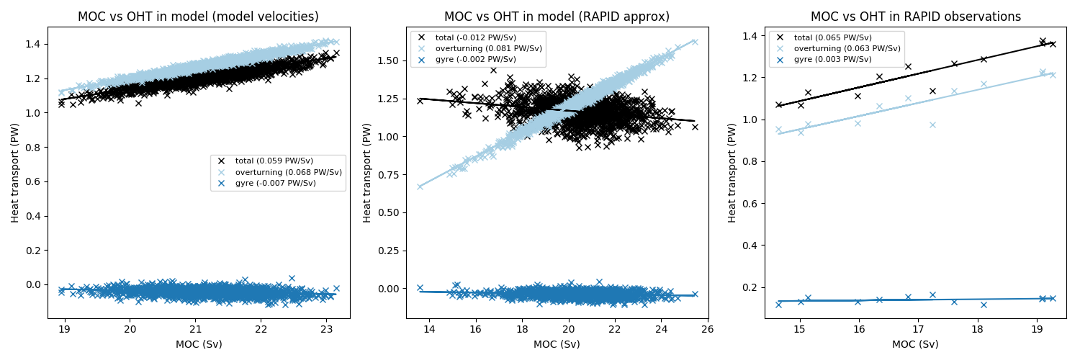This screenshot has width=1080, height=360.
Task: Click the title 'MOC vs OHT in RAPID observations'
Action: [916, 17]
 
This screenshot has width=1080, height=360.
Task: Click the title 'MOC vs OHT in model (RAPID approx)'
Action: [557, 17]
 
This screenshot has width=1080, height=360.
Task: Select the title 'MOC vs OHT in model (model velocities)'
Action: [198, 17]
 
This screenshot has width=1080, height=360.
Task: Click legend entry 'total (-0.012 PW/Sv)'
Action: [476, 37]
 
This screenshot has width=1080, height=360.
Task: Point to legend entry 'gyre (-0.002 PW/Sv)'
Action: [476, 59]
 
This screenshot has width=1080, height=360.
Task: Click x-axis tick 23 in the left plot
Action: [325, 329]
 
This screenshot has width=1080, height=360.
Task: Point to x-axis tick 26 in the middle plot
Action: [707, 329]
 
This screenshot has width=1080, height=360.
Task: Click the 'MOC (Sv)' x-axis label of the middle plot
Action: [557, 344]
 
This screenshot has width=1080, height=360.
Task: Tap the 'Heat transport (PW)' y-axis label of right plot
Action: [733, 172]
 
